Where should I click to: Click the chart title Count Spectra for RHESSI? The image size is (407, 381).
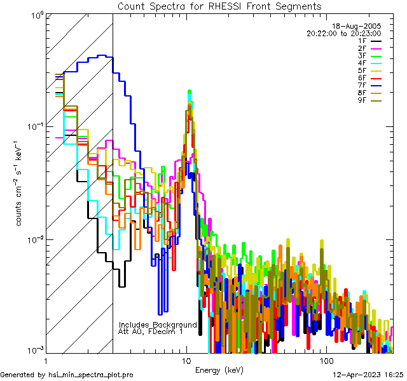[219, 6]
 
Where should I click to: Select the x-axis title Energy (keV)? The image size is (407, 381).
[219, 370]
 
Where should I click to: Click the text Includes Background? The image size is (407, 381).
[158, 324]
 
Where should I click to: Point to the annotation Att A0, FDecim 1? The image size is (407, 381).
[151, 331]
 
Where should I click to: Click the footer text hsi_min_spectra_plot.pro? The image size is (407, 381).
[91, 375]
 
